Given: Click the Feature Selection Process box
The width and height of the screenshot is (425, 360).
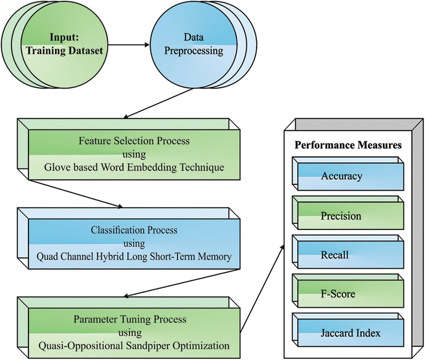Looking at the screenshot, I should (134, 154).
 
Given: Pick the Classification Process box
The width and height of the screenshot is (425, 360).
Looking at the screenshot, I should (134, 243).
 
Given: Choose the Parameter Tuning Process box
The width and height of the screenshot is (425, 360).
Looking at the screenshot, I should (134, 333).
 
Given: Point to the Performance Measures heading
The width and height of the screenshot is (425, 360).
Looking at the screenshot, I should (348, 145).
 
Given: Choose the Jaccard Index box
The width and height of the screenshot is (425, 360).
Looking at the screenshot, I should (350, 333).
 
